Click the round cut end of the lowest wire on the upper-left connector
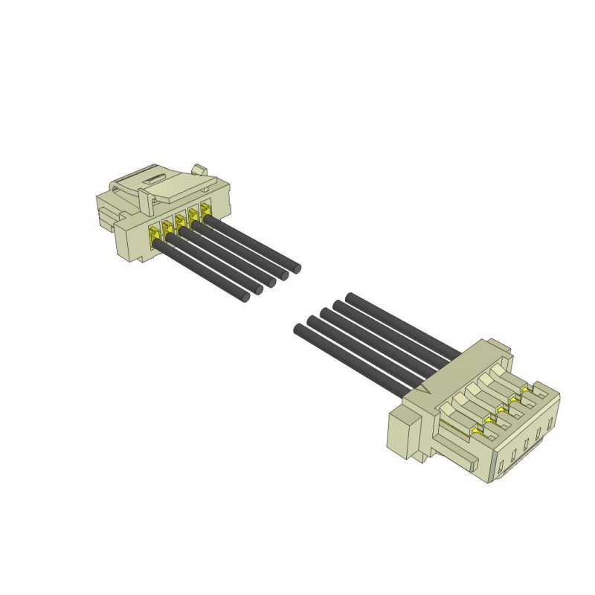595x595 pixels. (245, 297)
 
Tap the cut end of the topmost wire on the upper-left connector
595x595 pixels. (296, 266)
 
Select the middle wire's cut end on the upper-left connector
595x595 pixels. (271, 282)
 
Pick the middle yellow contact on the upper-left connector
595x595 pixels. (180, 222)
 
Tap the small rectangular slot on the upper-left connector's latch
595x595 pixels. (155, 178)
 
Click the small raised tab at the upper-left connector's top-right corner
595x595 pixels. (198, 170)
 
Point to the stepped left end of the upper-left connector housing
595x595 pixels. (106, 209)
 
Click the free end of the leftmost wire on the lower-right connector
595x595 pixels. (300, 329)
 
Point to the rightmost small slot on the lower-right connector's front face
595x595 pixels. (550, 425)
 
